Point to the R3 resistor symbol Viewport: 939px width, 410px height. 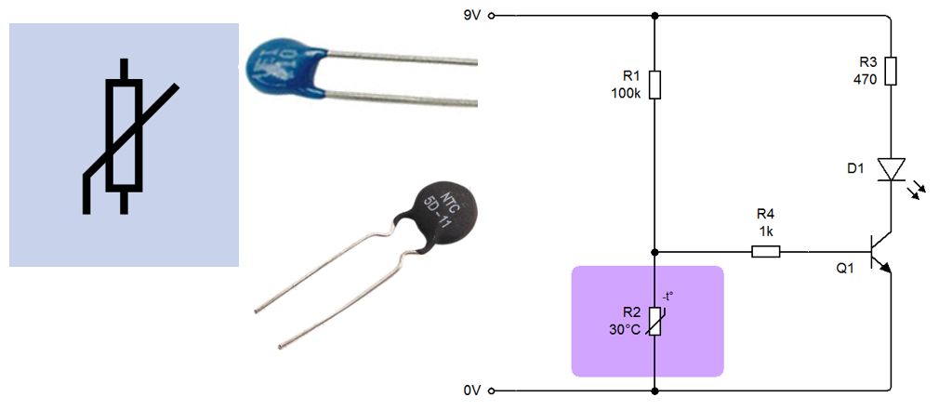pyautogui.click(x=891, y=71)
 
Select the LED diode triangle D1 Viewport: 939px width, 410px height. pyautogui.click(x=891, y=168)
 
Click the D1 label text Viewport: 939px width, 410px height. pyautogui.click(x=856, y=168)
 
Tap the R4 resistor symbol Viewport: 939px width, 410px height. pyautogui.click(x=766, y=251)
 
